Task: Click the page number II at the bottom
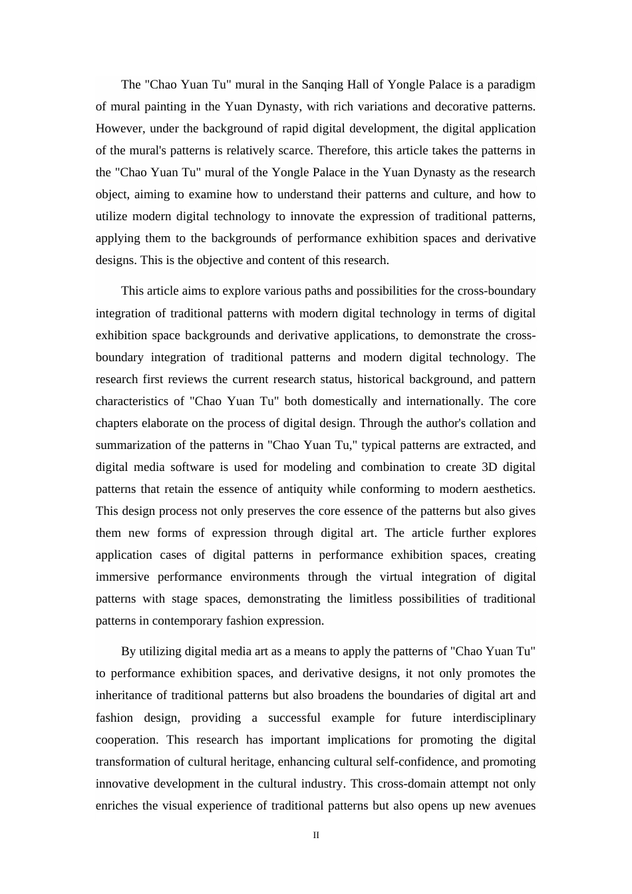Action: [316, 835]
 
